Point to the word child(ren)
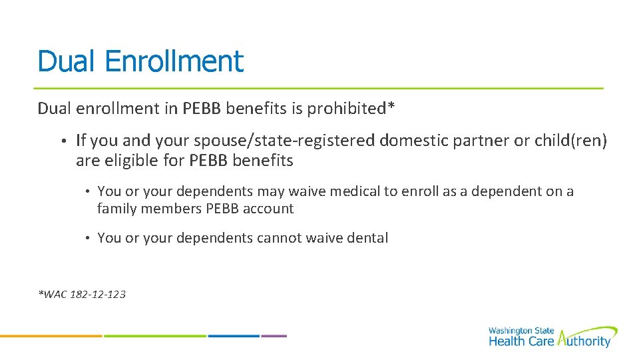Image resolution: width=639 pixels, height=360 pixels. pyautogui.click(x=570, y=141)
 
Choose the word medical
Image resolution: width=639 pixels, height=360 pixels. pyautogui.click(x=352, y=191)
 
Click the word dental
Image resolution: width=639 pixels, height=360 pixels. pyautogui.click(x=366, y=238)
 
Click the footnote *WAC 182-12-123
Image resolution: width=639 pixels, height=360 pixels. pyautogui.click(x=82, y=294)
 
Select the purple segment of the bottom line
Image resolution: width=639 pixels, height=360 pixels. pyautogui.click(x=274, y=335)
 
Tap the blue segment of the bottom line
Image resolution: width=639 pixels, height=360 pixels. pyautogui.click(x=233, y=335)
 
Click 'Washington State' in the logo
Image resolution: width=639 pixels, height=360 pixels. pyautogui.click(x=520, y=331)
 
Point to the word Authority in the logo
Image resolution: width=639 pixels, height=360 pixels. pyautogui.click(x=584, y=341)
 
